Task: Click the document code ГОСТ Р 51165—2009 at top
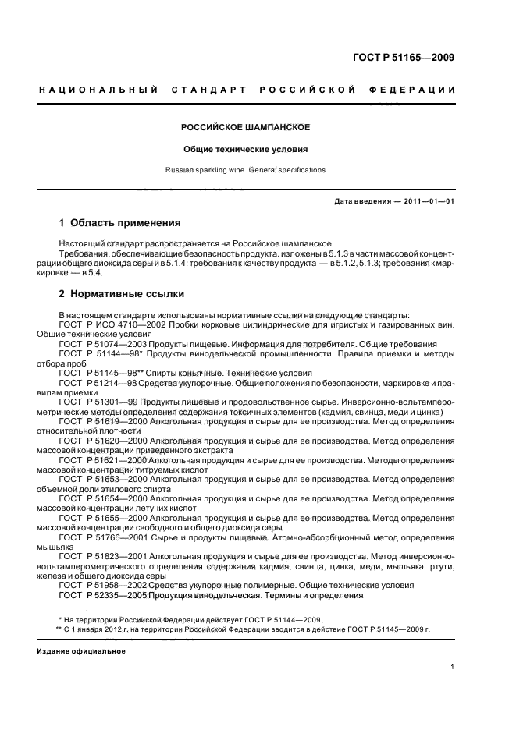(404, 57)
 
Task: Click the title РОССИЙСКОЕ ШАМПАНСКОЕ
(246, 126)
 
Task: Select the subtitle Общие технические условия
(246, 148)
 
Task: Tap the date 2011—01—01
(429, 202)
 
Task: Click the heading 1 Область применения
(119, 223)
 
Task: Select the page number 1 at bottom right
(453, 667)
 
